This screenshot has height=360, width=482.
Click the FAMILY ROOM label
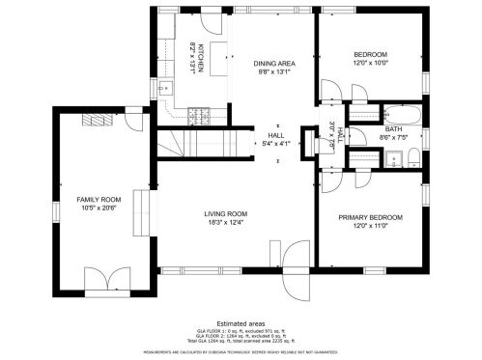pyautogui.click(x=99, y=200)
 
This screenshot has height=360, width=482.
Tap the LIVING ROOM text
pyautogui.click(x=225, y=213)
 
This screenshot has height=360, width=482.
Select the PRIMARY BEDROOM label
pyautogui.click(x=370, y=217)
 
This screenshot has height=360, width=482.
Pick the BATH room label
pyautogui.click(x=393, y=128)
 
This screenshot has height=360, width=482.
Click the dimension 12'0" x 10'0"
pyautogui.click(x=370, y=63)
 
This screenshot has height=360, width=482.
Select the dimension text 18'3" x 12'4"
pyautogui.click(x=225, y=223)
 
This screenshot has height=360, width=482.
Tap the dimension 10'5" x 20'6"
pyautogui.click(x=99, y=208)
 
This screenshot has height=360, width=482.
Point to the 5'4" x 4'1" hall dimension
pyautogui.click(x=276, y=144)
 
